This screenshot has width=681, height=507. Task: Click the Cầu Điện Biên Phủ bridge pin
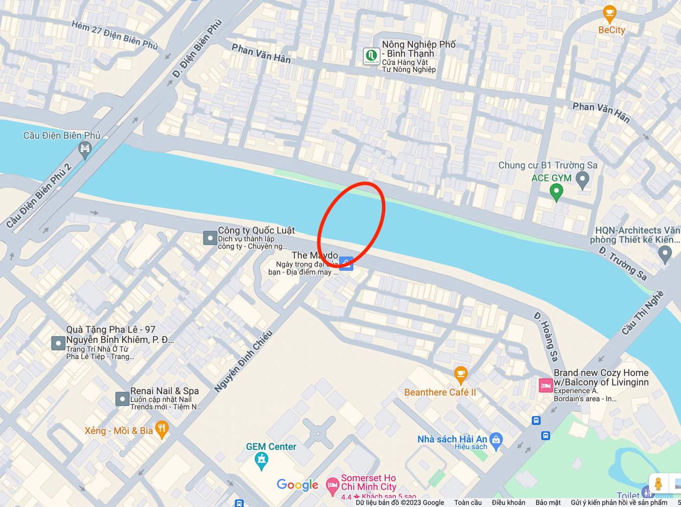pyautogui.click(x=85, y=149)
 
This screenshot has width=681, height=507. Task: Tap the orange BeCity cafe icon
pyautogui.click(x=609, y=14)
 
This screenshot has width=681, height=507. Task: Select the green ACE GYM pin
pyautogui.click(x=556, y=191)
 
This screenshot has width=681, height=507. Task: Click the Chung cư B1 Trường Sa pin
pyautogui.click(x=582, y=179)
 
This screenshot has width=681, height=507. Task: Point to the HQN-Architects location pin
pyautogui.click(x=665, y=253)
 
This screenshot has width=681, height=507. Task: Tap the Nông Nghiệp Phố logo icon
pyautogui.click(x=371, y=56)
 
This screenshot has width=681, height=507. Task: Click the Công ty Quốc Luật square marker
pyautogui.click(x=210, y=238)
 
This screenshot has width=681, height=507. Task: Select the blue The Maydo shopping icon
pyautogui.click(x=346, y=264)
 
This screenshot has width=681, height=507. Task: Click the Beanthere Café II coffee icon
pyautogui.click(x=460, y=375)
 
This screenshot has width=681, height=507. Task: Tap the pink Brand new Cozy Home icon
pyautogui.click(x=545, y=385)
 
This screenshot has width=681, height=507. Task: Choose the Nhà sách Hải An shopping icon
pyautogui.click(x=496, y=440)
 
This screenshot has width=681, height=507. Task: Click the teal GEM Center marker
pyautogui.click(x=262, y=460)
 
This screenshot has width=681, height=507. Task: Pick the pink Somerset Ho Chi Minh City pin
pyautogui.click(x=333, y=485)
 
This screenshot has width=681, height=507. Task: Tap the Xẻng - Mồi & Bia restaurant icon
pyautogui.click(x=162, y=429)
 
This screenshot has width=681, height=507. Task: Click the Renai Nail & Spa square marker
pyautogui.click(x=122, y=399)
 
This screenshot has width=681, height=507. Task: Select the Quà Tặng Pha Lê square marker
pyautogui.click(x=58, y=343)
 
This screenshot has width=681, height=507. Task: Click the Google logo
pyautogui.click(x=297, y=485)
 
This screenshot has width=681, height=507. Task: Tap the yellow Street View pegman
pyautogui.click(x=658, y=483)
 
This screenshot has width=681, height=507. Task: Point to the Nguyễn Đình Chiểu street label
pyautogui.click(x=243, y=362)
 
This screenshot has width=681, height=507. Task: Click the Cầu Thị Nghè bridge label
pyautogui.click(x=643, y=313)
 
